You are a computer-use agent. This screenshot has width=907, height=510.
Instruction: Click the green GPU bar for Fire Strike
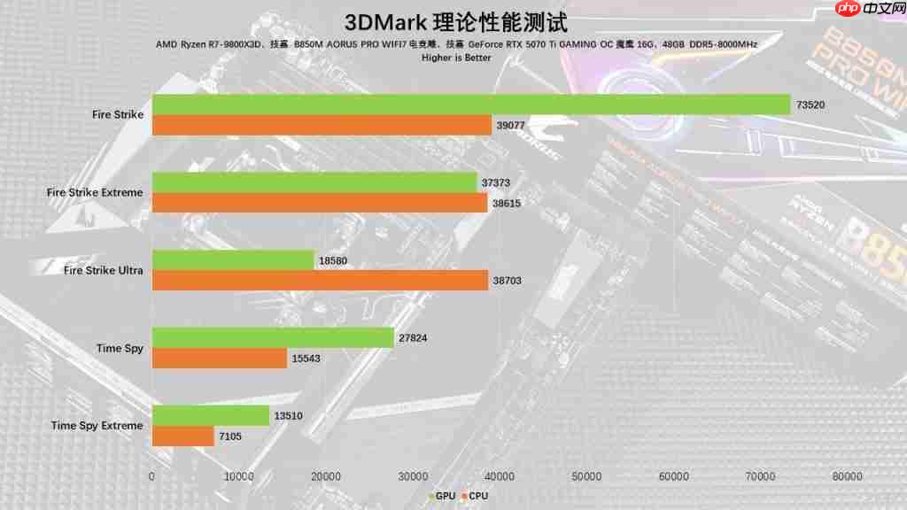point(471,104)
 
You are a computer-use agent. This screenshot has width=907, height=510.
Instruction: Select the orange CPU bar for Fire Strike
point(322,125)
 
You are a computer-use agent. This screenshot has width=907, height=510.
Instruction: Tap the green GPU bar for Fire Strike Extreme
point(314,182)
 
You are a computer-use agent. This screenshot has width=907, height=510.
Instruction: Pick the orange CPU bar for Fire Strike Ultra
point(320,281)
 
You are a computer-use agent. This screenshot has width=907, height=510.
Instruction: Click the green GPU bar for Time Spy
point(273,337)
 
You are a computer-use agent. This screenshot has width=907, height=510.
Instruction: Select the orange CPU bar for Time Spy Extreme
point(183,437)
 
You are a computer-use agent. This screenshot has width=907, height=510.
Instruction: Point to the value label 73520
point(810,104)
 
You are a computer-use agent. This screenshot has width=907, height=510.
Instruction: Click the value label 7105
point(231,437)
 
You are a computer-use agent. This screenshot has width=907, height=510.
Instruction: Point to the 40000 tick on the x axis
point(500,476)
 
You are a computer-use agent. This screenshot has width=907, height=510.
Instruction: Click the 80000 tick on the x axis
point(848,476)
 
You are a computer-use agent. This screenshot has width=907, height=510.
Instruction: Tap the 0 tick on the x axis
point(152,476)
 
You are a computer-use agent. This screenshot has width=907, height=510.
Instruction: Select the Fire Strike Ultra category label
point(103,270)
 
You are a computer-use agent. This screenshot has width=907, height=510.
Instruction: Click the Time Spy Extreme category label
point(97,426)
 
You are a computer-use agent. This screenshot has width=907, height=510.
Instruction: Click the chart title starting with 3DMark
point(454,21)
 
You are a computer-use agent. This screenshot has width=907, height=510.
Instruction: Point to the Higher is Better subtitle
point(456,58)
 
